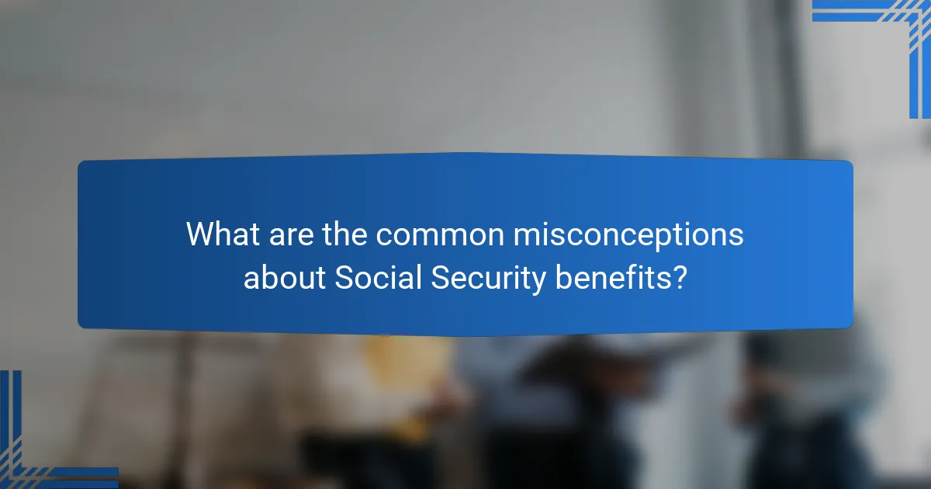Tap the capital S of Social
point(342,277)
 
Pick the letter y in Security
point(540,280)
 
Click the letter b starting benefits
point(562,277)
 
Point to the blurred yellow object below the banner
point(403,365)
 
